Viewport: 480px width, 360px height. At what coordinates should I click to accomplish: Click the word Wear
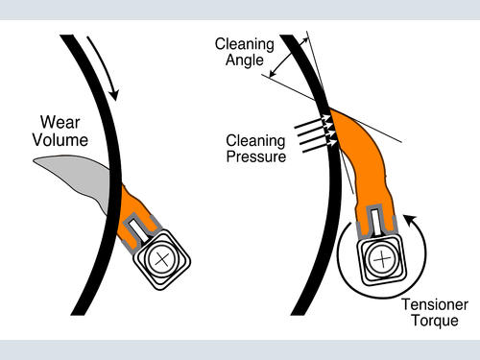60,122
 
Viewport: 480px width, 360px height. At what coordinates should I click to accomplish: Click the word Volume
60,140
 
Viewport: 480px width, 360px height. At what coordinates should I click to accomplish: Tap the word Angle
245,60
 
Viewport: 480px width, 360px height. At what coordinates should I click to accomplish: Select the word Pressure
256,156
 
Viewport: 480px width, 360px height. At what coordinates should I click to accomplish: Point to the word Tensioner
435,304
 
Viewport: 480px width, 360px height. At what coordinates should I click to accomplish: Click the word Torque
435,321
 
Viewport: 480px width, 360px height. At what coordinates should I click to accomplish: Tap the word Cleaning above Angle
245,44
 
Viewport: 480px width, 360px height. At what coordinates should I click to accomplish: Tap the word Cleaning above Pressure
255,140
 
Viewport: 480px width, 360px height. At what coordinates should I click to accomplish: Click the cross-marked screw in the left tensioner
161,259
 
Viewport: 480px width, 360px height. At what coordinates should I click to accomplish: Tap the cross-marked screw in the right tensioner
382,259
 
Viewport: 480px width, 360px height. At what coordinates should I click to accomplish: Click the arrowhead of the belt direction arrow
114,95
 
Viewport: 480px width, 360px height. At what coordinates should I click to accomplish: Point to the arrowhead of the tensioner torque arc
410,219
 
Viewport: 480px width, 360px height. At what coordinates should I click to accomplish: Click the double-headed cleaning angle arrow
289,58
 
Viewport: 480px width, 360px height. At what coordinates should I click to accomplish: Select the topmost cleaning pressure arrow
313,123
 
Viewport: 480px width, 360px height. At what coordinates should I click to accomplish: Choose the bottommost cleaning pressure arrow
320,146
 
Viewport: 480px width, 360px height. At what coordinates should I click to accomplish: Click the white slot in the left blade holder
138,229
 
